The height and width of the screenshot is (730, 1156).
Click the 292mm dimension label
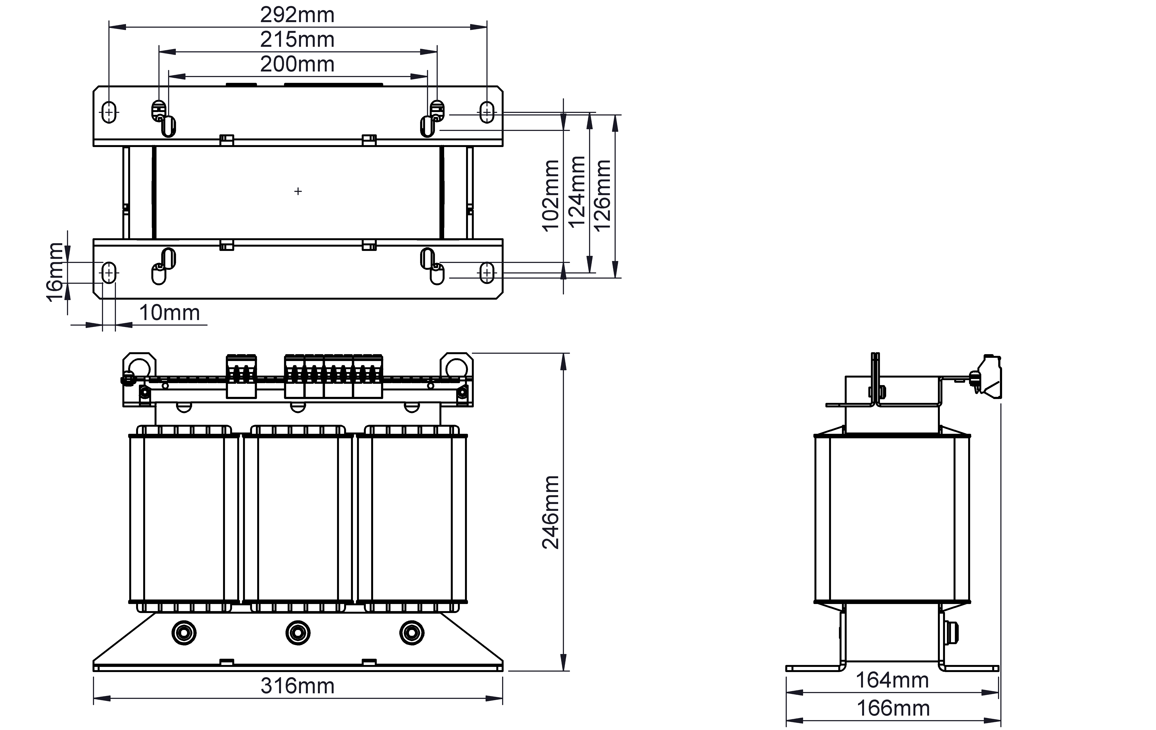(x=297, y=15)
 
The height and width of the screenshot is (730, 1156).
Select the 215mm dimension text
(x=297, y=39)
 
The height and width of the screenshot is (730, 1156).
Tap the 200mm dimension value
(x=297, y=64)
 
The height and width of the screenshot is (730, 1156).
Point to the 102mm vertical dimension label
(x=551, y=196)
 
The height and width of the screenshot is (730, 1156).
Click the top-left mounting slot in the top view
(x=109, y=112)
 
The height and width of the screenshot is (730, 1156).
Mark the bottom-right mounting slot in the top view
(x=487, y=273)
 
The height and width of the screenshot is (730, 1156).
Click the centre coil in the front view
(x=298, y=518)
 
